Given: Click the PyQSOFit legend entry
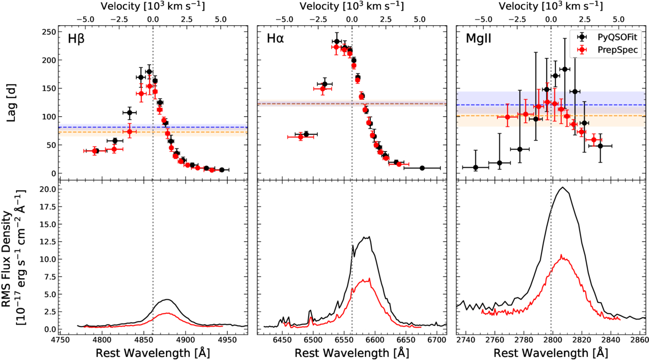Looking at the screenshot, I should point(612,37).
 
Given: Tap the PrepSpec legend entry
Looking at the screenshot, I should point(612,49).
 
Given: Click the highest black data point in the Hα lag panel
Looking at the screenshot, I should point(337,42).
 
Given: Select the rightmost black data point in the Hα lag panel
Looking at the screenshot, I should point(422,168).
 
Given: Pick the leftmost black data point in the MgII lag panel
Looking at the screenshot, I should point(475,167).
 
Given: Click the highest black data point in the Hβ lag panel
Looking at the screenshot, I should point(149,72).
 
